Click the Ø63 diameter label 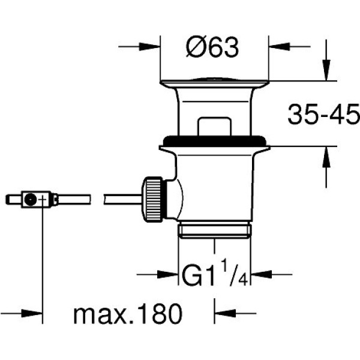(x=212, y=47)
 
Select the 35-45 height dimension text (x=324, y=114)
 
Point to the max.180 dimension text (x=128, y=313)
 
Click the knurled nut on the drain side (x=152, y=199)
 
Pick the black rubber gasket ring (x=215, y=141)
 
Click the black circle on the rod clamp (x=31, y=199)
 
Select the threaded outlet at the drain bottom (x=215, y=230)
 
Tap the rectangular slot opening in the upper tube (x=214, y=126)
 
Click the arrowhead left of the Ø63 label (x=149, y=47)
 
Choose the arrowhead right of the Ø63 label (x=279, y=47)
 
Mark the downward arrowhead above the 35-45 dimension (x=326, y=70)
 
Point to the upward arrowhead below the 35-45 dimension (x=326, y=157)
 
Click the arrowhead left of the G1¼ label (x=168, y=274)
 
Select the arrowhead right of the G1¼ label (x=261, y=274)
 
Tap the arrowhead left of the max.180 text (x=32, y=313)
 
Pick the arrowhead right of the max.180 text (x=225, y=313)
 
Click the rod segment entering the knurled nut (x=123, y=199)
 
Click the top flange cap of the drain (x=214, y=83)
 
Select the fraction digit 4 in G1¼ (x=242, y=280)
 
